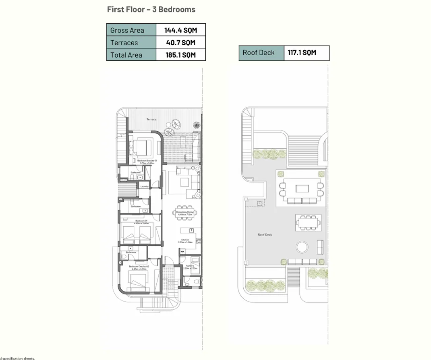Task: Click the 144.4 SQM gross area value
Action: click(180, 30)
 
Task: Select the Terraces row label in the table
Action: click(124, 43)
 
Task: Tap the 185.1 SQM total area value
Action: click(180, 55)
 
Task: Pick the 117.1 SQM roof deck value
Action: click(302, 53)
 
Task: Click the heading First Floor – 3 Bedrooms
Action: click(151, 9)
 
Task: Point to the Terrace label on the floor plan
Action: click(151, 119)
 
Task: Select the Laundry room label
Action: click(145, 186)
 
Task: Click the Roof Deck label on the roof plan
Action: click(265, 235)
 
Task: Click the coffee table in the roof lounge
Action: click(302, 188)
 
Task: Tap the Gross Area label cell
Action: click(127, 30)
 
